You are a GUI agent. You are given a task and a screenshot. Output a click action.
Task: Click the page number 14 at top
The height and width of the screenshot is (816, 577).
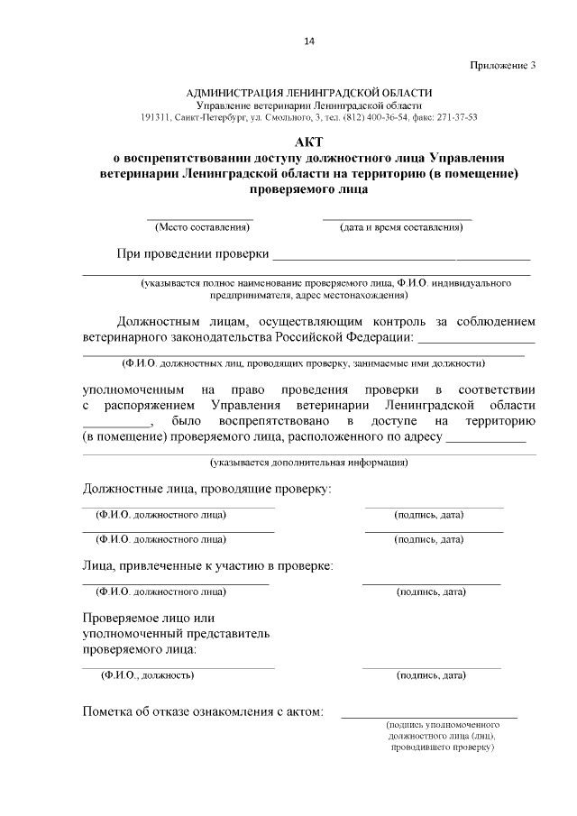tap(308, 41)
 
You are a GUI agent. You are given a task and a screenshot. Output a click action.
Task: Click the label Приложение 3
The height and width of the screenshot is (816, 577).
tap(502, 65)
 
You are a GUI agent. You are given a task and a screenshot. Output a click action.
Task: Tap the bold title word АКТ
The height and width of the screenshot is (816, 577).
tap(308, 142)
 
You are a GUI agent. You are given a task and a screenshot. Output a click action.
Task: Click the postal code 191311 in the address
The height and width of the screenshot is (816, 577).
tap(155, 117)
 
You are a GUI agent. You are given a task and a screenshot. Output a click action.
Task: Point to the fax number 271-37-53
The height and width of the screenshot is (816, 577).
tap(458, 117)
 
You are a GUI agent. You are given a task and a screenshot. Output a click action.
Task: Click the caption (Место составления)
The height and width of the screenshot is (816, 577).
tap(200, 227)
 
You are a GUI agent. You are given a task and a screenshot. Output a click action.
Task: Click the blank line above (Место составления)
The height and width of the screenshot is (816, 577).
tap(200, 217)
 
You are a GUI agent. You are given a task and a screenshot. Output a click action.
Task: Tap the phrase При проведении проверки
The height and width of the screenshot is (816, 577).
tap(193, 252)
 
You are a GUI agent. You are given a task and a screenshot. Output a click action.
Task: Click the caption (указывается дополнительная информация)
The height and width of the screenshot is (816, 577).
tap(308, 463)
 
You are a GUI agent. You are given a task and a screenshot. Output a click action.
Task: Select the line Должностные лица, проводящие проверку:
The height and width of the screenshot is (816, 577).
tap(206, 489)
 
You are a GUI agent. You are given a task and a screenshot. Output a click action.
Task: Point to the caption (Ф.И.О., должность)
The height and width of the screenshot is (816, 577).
tap(147, 674)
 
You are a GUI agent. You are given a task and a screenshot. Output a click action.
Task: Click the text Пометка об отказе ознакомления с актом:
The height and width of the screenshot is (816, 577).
tap(202, 711)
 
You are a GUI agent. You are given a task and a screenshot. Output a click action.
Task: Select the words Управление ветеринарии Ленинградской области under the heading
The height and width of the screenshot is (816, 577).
tap(308, 105)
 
